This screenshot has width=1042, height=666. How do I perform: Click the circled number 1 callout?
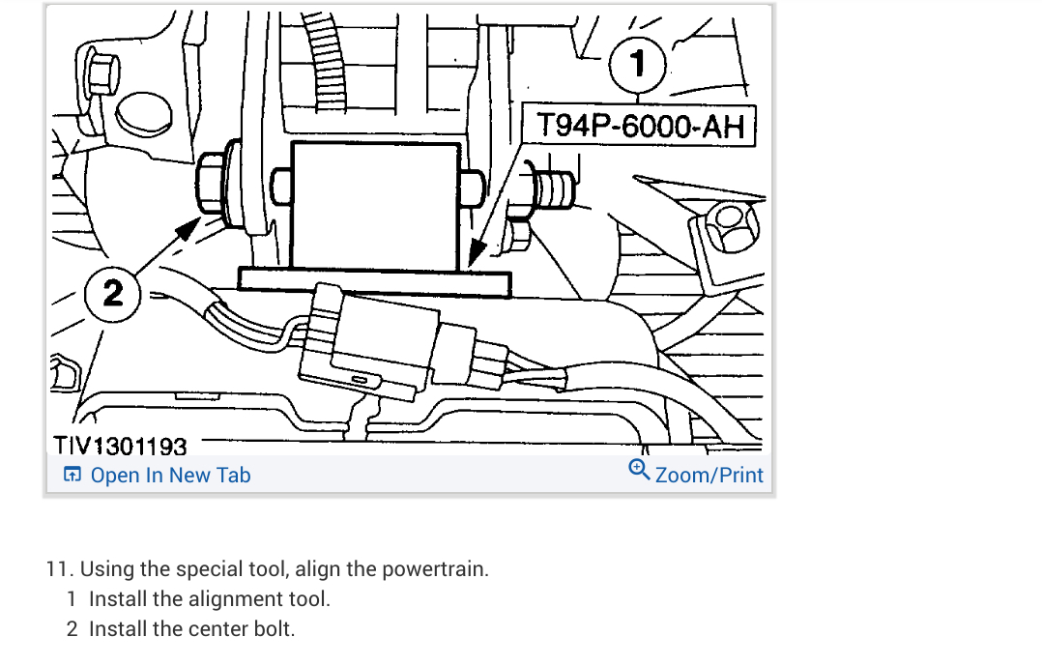click(x=636, y=65)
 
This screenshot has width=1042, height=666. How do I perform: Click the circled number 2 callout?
click(x=113, y=292)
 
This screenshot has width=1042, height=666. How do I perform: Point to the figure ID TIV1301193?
click(x=120, y=446)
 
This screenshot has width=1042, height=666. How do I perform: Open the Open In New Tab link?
click(x=170, y=476)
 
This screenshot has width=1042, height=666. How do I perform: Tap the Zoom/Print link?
click(x=709, y=476)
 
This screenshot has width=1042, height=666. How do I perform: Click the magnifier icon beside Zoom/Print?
click(x=638, y=470)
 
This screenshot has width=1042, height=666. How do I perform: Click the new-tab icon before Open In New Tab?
click(x=72, y=476)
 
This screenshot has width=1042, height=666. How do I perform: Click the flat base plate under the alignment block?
click(x=373, y=280)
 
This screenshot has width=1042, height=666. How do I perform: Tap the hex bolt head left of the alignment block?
click(x=212, y=184)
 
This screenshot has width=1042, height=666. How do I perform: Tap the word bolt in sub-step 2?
click(x=272, y=629)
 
